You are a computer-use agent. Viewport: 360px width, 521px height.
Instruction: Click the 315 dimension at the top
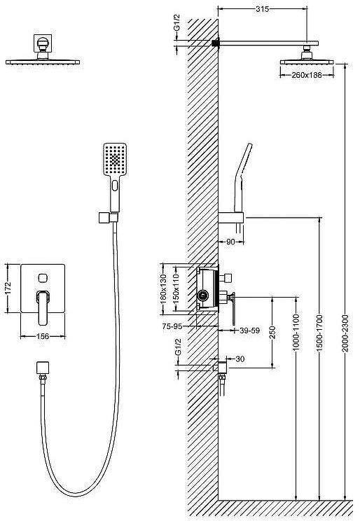tap(263, 9)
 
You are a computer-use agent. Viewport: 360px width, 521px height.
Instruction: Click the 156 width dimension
tap(43, 337)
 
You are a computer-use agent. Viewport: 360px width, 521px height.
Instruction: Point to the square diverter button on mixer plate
tap(43, 275)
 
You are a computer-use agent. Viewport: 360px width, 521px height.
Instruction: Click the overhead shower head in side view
tap(306, 59)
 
